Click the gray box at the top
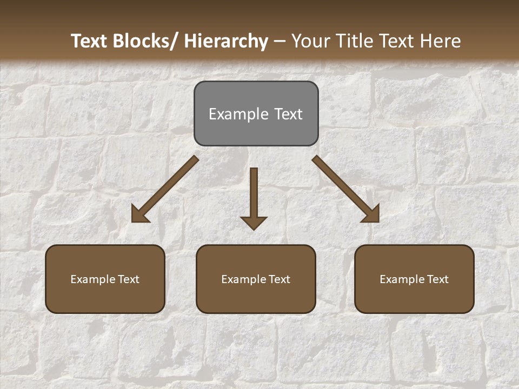pos(256,113)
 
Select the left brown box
pos(105,279)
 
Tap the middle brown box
pos(256,279)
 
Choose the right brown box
pos(414,279)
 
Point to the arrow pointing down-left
pos(165,189)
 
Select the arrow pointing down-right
pos(346,189)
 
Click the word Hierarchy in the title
pos(226,41)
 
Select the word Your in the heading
pos(310,41)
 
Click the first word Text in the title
pos(89,41)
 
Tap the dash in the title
pos(280,41)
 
